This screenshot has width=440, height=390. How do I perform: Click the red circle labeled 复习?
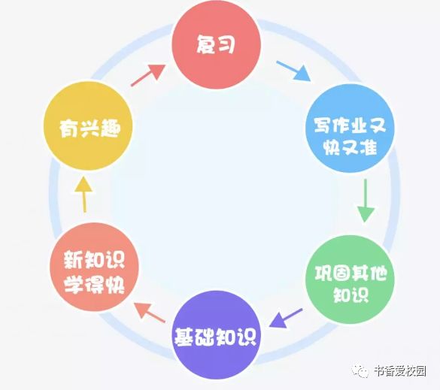216,44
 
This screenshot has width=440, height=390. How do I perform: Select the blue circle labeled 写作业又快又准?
350,128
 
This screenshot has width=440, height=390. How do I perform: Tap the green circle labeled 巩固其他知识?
350,280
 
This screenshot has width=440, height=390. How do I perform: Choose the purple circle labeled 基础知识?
216,335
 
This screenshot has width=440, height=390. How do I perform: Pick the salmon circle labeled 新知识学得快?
94,267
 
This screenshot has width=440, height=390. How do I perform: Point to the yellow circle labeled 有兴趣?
88,126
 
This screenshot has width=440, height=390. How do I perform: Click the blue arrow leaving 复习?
293,71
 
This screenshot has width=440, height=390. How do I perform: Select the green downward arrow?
366,201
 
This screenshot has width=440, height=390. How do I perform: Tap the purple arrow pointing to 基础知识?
285,318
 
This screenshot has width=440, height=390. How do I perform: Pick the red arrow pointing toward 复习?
148,75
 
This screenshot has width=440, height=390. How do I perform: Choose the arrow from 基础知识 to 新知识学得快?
150,313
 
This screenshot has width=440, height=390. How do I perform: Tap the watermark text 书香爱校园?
400,371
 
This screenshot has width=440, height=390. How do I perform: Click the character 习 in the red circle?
226,44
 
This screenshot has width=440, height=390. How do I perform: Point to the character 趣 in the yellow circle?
111,128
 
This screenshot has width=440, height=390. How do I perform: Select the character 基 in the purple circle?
184,337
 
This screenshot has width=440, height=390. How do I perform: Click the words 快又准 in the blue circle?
350,147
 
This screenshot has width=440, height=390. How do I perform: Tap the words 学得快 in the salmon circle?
94,284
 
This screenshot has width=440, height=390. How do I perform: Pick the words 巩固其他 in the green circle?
350,273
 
